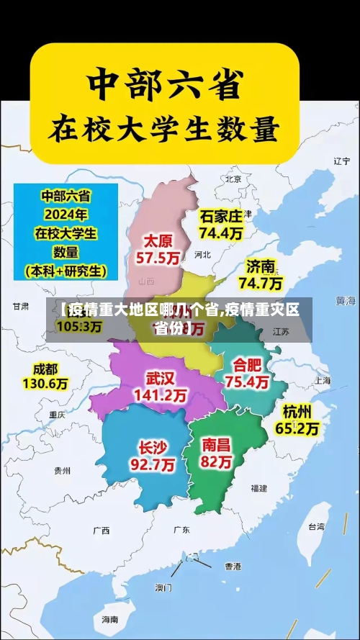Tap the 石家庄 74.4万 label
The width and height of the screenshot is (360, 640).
click(221, 224)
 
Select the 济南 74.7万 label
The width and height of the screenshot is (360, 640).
click(260, 274)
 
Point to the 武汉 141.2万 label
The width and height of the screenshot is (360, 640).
click(160, 387)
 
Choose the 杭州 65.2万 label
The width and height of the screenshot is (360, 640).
click(297, 420)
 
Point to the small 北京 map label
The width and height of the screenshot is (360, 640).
click(233, 179)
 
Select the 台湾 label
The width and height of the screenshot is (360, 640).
click(315, 527)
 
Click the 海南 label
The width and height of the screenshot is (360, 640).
click(109, 619)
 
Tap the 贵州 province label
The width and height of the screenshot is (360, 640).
click(62, 470)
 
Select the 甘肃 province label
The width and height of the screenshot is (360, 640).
click(21, 306)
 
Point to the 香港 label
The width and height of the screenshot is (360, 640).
click(232, 567)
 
